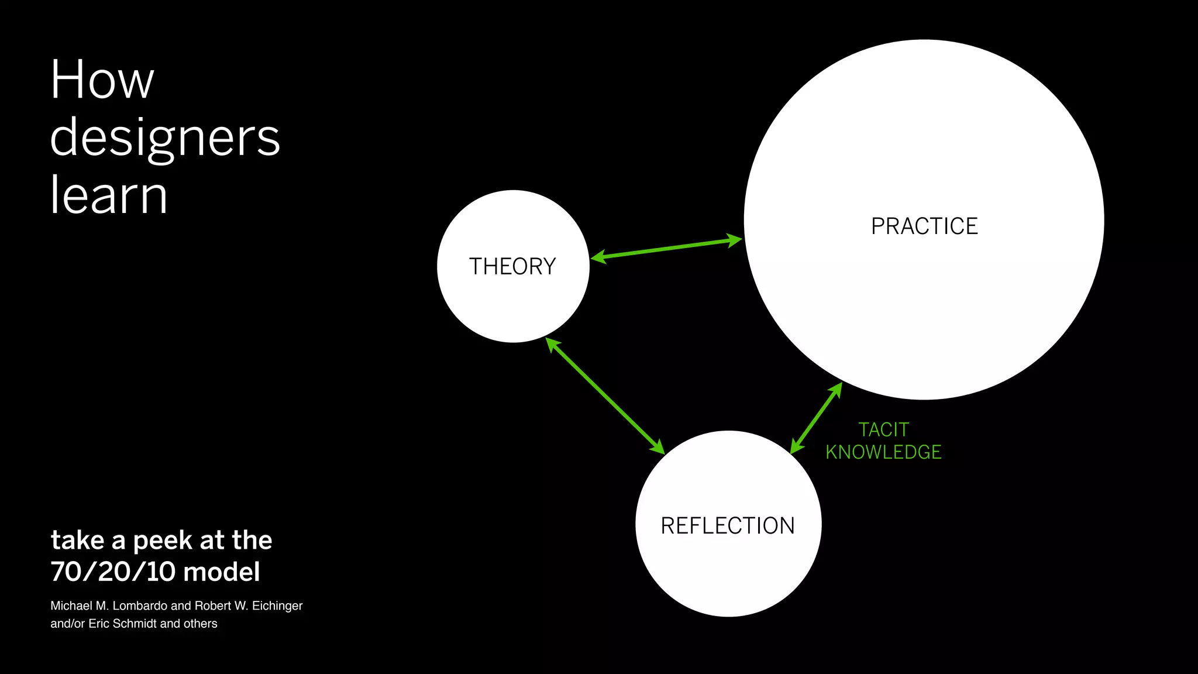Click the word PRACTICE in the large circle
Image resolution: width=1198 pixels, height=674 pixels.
[x=924, y=226]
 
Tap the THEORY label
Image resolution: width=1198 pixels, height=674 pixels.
[x=512, y=267]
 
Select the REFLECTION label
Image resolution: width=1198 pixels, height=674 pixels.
[x=728, y=526]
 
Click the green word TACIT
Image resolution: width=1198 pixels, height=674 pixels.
[x=883, y=430]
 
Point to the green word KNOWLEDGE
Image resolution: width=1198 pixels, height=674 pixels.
[x=883, y=452]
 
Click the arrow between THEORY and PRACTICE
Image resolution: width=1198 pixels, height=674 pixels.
[x=666, y=249]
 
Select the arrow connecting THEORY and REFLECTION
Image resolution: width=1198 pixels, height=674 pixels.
[x=605, y=396]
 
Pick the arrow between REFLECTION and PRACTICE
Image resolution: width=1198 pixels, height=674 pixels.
[x=816, y=418]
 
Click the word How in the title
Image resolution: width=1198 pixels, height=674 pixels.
[x=102, y=80]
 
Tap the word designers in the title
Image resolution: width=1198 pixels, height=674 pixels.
[x=165, y=138]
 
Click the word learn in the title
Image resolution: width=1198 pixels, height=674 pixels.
[x=109, y=195]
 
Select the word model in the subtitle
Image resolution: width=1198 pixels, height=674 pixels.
[x=222, y=572]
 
